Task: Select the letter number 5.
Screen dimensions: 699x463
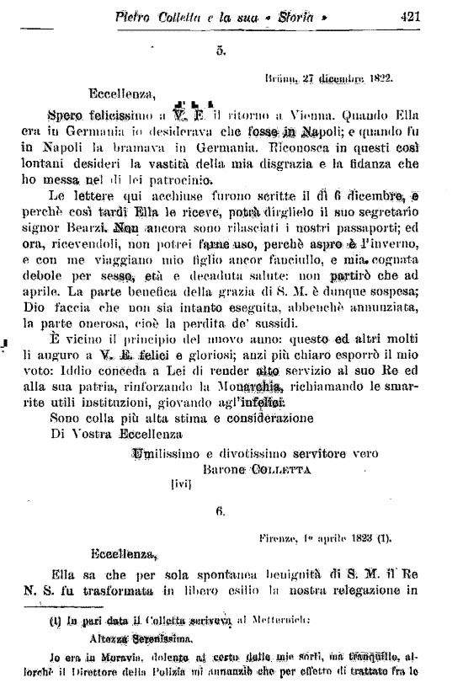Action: [x=221, y=51]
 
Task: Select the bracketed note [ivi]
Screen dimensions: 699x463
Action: [x=183, y=485]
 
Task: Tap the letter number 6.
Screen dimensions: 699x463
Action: [x=221, y=511]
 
